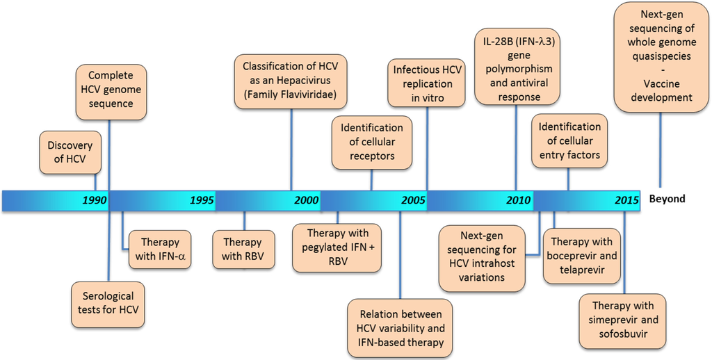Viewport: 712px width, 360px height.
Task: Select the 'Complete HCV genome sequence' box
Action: pyautogui.click(x=110, y=88)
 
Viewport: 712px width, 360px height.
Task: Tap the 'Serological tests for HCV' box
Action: pyautogui.click(x=108, y=304)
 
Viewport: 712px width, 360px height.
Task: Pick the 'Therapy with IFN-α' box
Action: pyautogui.click(x=161, y=249)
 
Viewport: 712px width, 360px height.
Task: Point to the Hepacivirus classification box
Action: pyautogui.click(x=291, y=81)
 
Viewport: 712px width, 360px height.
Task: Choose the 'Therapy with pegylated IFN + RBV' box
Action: pyautogui.click(x=337, y=247)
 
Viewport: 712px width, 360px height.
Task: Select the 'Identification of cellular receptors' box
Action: pyautogui.click(x=371, y=142)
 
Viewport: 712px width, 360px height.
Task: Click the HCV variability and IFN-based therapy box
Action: pyautogui.click(x=400, y=328)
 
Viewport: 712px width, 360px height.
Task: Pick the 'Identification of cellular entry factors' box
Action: pyautogui.click(x=569, y=141)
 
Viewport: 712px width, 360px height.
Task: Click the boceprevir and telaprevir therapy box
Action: pyautogui.click(x=582, y=256)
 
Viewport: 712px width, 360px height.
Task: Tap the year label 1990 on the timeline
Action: pyautogui.click(x=94, y=200)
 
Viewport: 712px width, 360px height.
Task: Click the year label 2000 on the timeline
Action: pyautogui.click(x=306, y=200)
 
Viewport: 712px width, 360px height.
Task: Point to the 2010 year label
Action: pyautogui.click(x=518, y=200)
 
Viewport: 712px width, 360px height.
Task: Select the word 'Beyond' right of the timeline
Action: pyautogui.click(x=667, y=199)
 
